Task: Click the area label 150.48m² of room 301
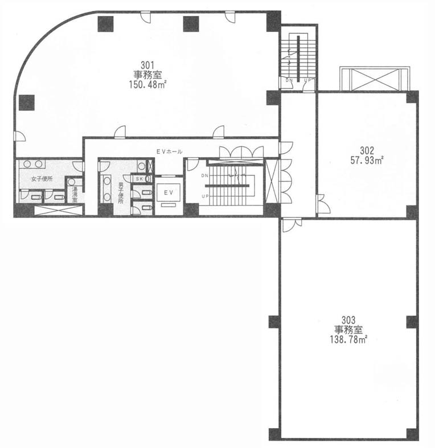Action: coord(148,85)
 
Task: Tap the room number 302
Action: coord(367,150)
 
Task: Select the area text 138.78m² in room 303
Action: coord(348,340)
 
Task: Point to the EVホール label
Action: coord(169,152)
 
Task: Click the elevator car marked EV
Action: coord(169,193)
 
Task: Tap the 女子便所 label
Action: coord(42,179)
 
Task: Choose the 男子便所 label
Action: coord(121,192)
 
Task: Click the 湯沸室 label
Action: coord(75,195)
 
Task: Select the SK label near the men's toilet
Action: coord(139,179)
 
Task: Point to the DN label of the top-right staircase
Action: coord(289,81)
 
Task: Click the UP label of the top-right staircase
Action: coord(307,81)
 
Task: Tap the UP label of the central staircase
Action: coord(205,196)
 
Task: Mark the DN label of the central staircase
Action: coord(205,176)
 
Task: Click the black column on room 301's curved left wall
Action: coord(27,102)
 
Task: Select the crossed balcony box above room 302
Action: coord(375,79)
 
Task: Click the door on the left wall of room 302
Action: coord(323,204)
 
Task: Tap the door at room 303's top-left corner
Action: coord(292,225)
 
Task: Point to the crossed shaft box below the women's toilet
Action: coord(58,210)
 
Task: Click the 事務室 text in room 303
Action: coord(348,330)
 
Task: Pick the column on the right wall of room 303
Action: coord(412,322)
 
